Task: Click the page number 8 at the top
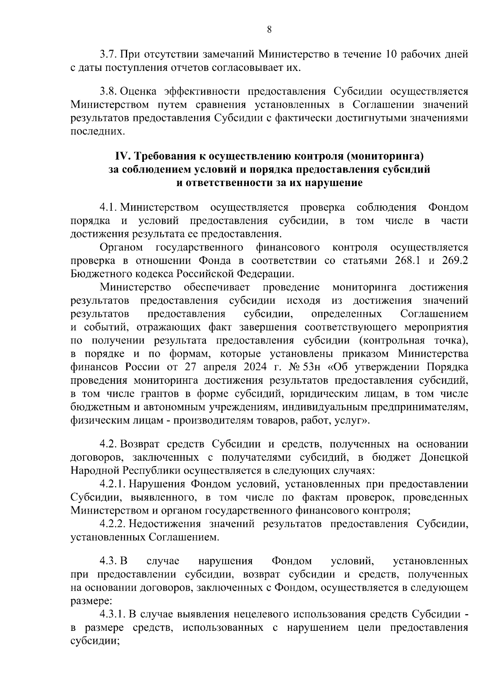point(269,29)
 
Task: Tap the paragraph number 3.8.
point(109,91)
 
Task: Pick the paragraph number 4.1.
point(109,207)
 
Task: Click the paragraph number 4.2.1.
point(113,484)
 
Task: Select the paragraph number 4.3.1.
point(113,614)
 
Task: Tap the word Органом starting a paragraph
point(121,248)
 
